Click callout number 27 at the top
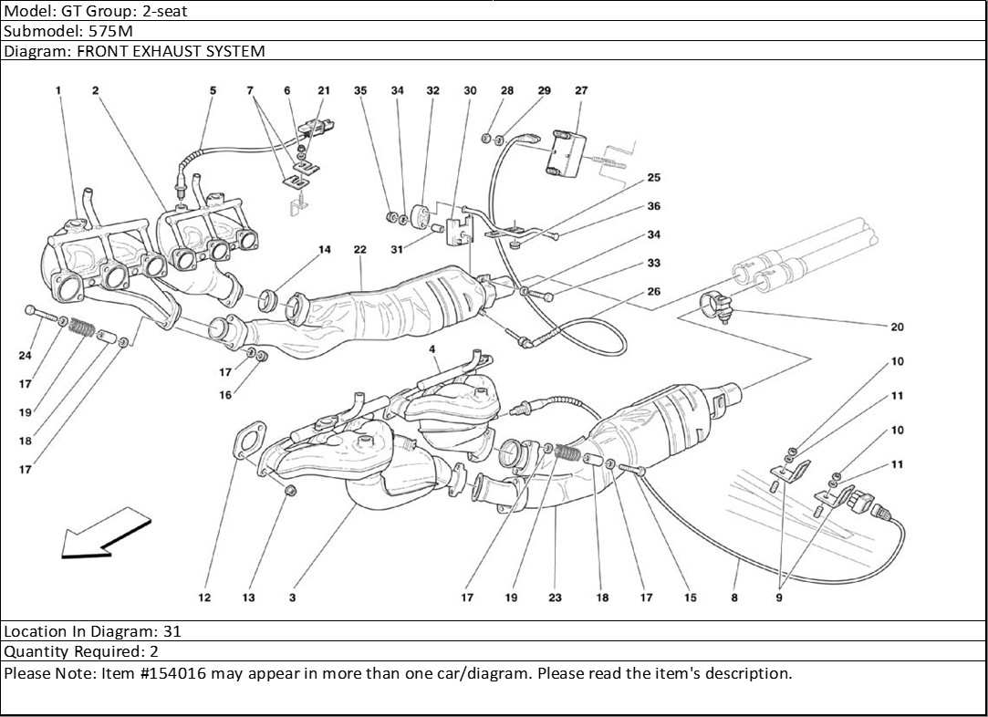pos(581,91)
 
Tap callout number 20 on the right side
pos(897,327)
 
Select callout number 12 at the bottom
pos(204,598)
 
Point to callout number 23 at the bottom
pos(556,598)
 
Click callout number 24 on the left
pos(25,356)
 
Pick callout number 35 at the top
pos(360,91)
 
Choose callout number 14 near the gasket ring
pos(324,249)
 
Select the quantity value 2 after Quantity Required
pos(154,651)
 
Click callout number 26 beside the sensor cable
pos(653,292)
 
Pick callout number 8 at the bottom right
pos(733,598)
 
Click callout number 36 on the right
pos(653,206)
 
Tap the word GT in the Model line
pos(69,11)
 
